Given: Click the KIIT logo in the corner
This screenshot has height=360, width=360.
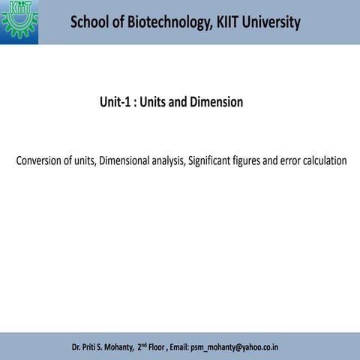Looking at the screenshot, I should click(19, 21).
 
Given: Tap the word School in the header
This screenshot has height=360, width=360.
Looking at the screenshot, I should click(89, 22).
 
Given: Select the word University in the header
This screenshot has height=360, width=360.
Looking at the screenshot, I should click(268, 22).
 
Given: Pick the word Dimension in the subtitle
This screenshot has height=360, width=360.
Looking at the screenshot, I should click(216, 102).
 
